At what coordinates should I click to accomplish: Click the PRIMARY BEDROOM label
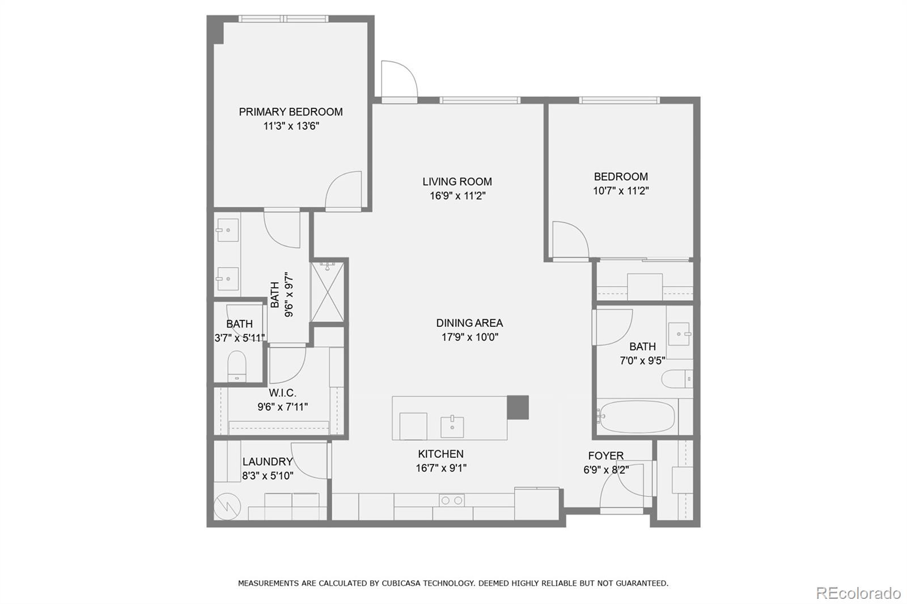[290, 112]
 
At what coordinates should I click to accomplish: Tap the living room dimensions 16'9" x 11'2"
[457, 196]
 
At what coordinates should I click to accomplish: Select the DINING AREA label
[469, 323]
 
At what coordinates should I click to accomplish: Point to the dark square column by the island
[517, 407]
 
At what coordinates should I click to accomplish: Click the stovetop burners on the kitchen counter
[451, 500]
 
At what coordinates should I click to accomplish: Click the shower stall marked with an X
[328, 291]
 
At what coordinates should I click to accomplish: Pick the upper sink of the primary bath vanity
[227, 230]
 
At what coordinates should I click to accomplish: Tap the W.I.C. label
[282, 393]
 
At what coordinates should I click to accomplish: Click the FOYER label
[605, 456]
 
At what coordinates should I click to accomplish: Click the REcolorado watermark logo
[858, 593]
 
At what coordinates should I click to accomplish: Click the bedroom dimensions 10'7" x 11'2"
[621, 191]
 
